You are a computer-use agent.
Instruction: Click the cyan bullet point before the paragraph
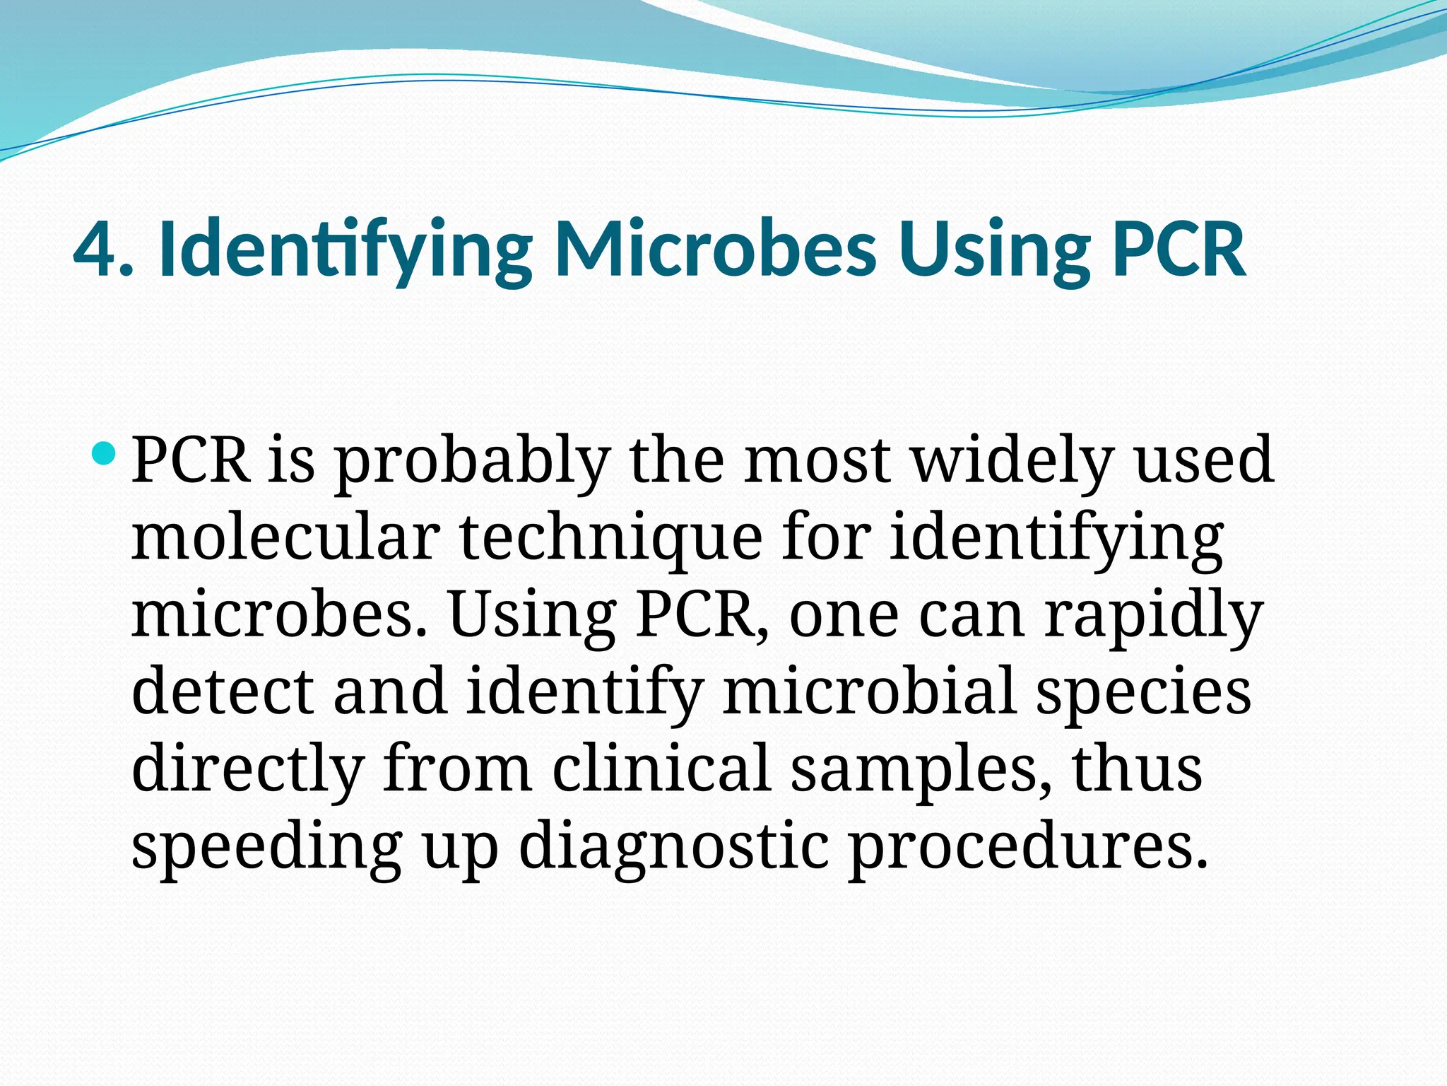coord(103,452)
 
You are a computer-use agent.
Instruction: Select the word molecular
coord(285,539)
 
